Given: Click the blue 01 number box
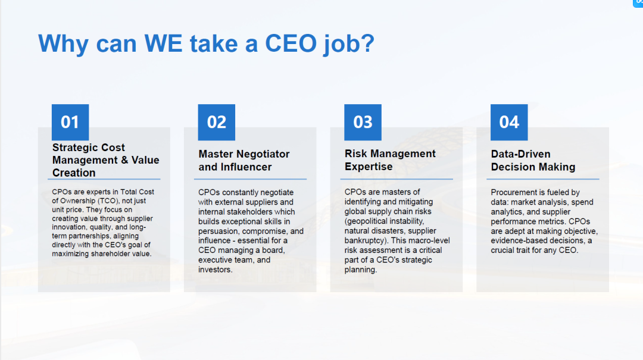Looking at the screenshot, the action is coord(70,122).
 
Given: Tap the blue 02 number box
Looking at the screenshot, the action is coord(217,122).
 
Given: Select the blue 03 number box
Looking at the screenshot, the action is coord(363,122).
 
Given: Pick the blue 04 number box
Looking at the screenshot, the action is coord(509,122).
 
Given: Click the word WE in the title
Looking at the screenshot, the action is coord(163,43).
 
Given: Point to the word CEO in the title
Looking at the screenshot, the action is coord(291,43).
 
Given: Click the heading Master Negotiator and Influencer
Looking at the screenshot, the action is coord(244,160).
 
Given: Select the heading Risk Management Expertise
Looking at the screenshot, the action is coord(390,160).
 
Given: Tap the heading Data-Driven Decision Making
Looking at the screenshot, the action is coord(533,160).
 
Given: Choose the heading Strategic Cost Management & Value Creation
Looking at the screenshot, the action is coord(106,160).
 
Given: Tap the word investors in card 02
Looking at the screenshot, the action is coord(216,270).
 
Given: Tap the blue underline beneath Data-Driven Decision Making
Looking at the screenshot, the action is coord(543,179).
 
